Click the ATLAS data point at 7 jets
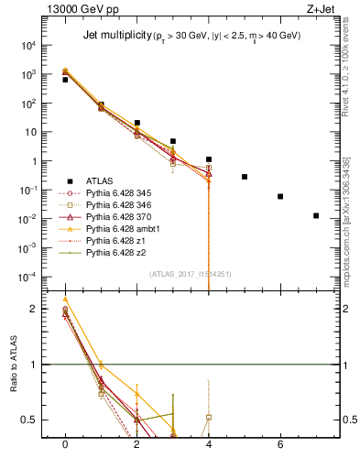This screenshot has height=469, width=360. pyautogui.click(x=316, y=216)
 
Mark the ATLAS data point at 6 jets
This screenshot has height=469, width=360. pyautogui.click(x=280, y=196)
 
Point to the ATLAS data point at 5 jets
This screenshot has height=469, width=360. pyautogui.click(x=245, y=177)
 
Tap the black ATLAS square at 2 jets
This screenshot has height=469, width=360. pyautogui.click(x=136, y=123)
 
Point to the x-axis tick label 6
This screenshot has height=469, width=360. pyautogui.click(x=280, y=444)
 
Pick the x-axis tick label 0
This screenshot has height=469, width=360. pyautogui.click(x=65, y=444)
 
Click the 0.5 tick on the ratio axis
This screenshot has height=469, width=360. pyautogui.click(x=32, y=420)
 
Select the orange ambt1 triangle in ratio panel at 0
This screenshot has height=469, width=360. pyautogui.click(x=65, y=300)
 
